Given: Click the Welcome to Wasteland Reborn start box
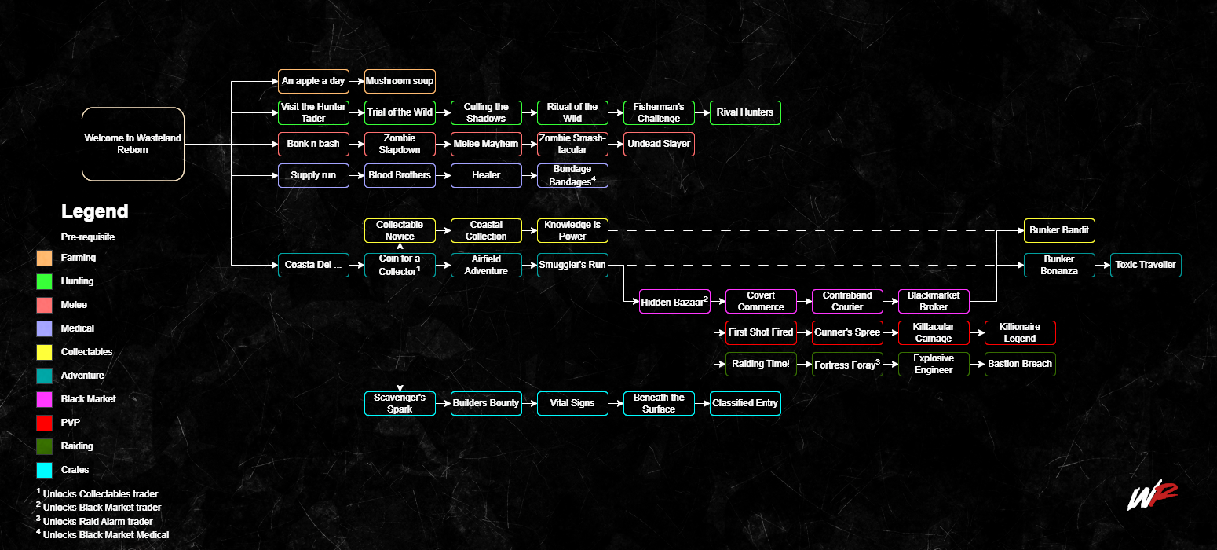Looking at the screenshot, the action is pyautogui.click(x=133, y=144).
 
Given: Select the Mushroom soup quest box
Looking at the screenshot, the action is pyautogui.click(x=400, y=81).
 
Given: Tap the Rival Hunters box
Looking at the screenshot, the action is pyautogui.click(x=745, y=112).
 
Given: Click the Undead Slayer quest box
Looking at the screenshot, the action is pyautogui.click(x=659, y=144).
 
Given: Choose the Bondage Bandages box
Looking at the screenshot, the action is pyautogui.click(x=572, y=175).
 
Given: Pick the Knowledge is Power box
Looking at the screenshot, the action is pyautogui.click(x=572, y=230).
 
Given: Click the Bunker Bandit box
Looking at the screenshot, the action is pyautogui.click(x=1059, y=230).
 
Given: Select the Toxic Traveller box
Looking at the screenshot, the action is pyautogui.click(x=1146, y=266).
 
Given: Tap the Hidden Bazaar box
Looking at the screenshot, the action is pyautogui.click(x=674, y=302).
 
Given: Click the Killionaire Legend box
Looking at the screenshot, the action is pyautogui.click(x=1020, y=332).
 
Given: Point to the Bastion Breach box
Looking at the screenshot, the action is pyautogui.click(x=1020, y=364).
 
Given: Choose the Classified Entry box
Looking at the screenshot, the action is pyautogui.click(x=745, y=403).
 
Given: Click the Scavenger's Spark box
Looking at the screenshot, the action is pyautogui.click(x=400, y=403).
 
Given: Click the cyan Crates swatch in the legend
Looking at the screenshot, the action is pyautogui.click(x=45, y=470).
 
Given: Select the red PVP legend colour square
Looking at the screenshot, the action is pyautogui.click(x=45, y=423).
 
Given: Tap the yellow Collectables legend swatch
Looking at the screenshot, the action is pyautogui.click(x=45, y=352).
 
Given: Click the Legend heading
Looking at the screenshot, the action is pyautogui.click(x=94, y=211).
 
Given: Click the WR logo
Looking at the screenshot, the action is pyautogui.click(x=1152, y=494).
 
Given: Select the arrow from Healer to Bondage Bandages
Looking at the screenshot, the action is pyautogui.click(x=529, y=175).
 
